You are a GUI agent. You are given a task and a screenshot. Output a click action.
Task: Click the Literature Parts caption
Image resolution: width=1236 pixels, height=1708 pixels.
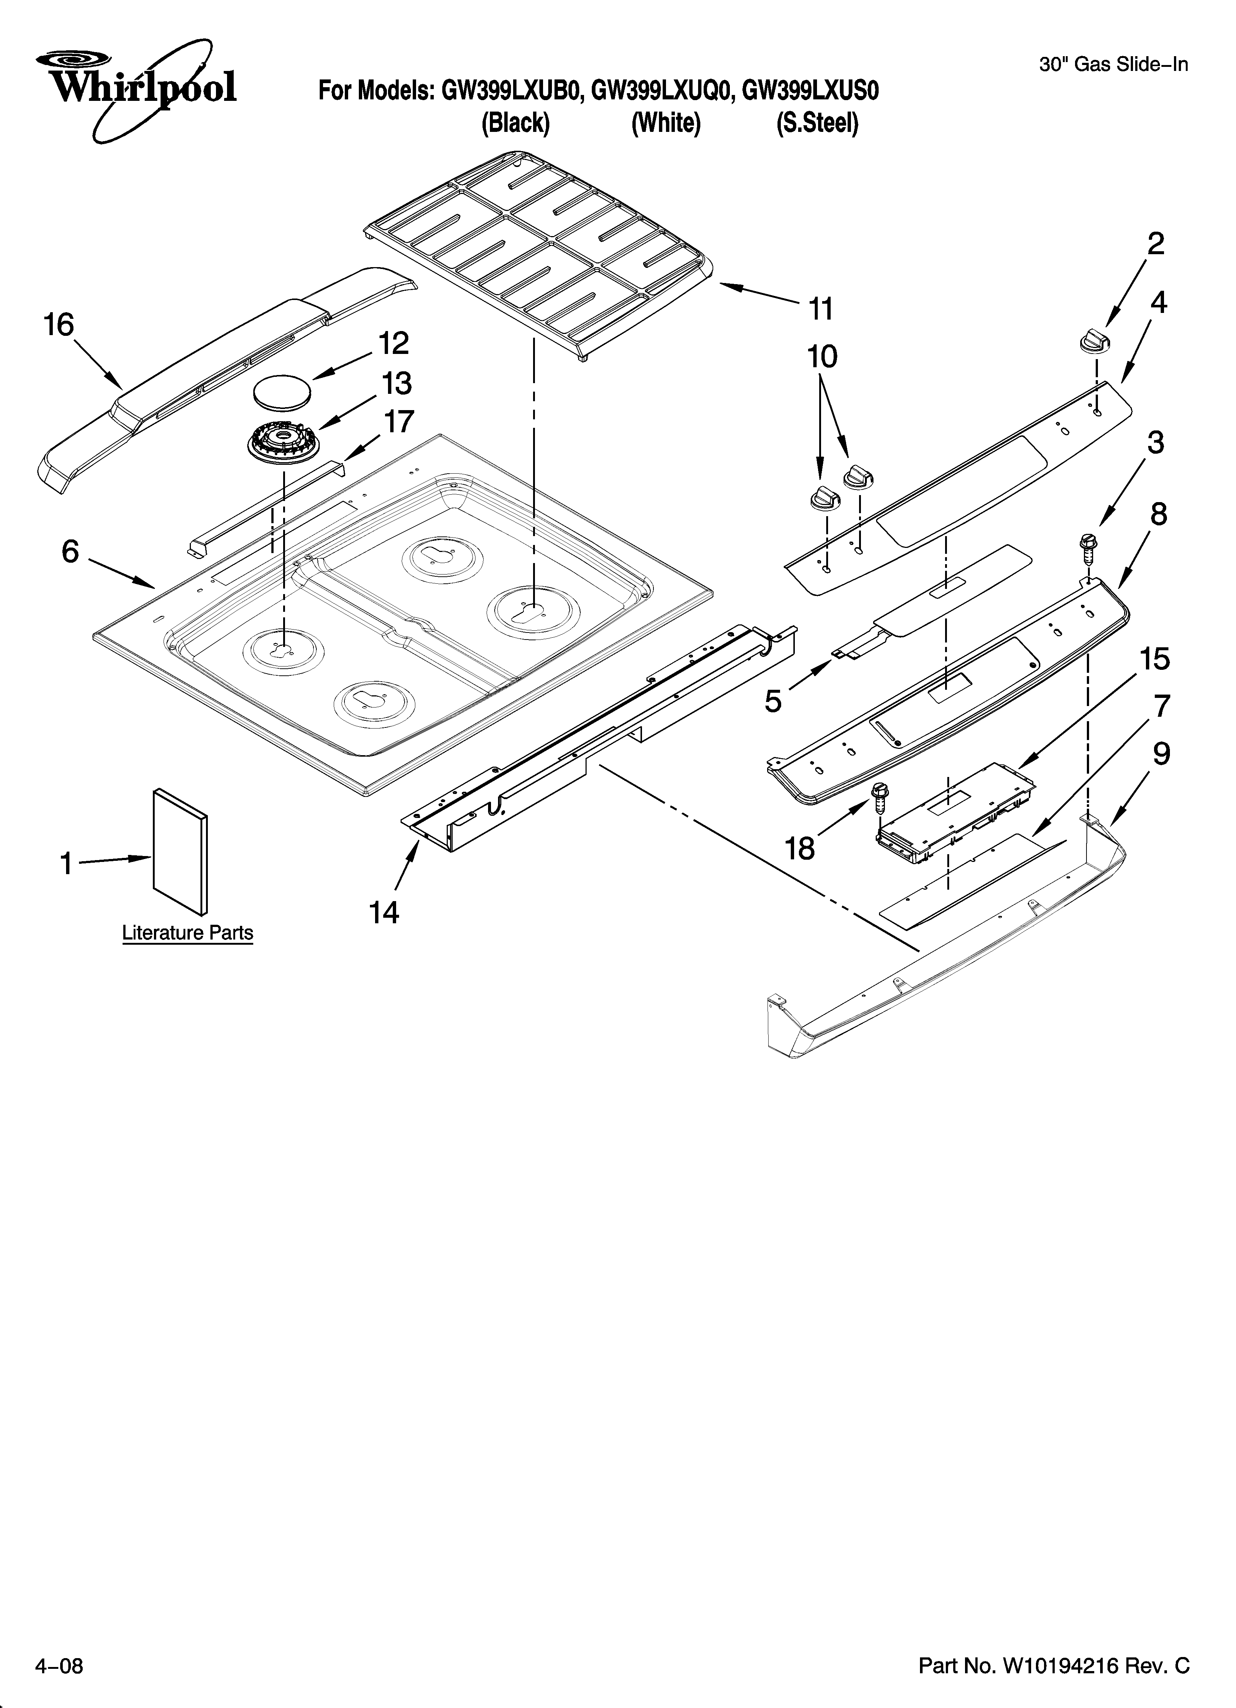pyautogui.click(x=188, y=933)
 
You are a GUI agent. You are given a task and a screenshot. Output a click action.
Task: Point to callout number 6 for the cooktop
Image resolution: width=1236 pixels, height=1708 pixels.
pyautogui.click(x=70, y=552)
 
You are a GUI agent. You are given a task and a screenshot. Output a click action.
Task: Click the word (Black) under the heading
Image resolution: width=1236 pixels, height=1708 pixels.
pyautogui.click(x=516, y=123)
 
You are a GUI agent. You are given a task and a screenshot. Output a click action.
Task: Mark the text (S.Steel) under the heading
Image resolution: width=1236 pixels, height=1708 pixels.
pyautogui.click(x=817, y=123)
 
